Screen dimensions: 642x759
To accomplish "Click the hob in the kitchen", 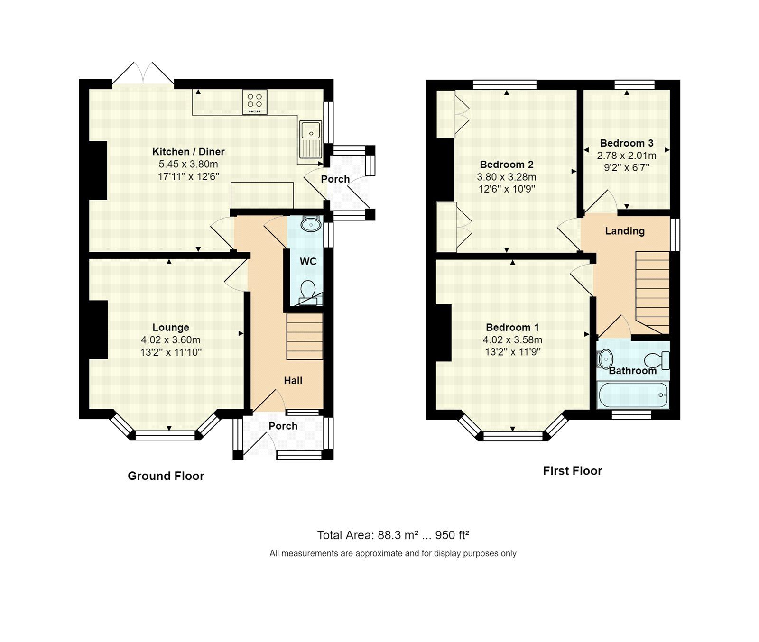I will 255,101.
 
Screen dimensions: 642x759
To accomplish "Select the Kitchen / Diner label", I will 188,152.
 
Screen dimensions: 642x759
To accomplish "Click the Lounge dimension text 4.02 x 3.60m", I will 171,340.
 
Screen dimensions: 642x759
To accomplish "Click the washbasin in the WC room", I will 311,224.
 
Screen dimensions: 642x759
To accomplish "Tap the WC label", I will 308,261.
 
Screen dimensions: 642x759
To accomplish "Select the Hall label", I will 293,380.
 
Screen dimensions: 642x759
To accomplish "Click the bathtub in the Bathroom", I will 633,395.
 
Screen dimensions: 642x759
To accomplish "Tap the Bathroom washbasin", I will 605,359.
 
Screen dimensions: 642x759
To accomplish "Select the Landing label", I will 625,231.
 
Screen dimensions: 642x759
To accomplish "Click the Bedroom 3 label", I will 627,143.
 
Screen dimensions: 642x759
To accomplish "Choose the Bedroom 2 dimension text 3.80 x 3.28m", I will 507,177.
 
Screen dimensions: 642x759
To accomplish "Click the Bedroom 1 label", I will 512,327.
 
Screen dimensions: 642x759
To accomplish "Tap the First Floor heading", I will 572,471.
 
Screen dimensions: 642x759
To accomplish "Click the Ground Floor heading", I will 166,476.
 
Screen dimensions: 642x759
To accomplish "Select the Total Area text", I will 393,535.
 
